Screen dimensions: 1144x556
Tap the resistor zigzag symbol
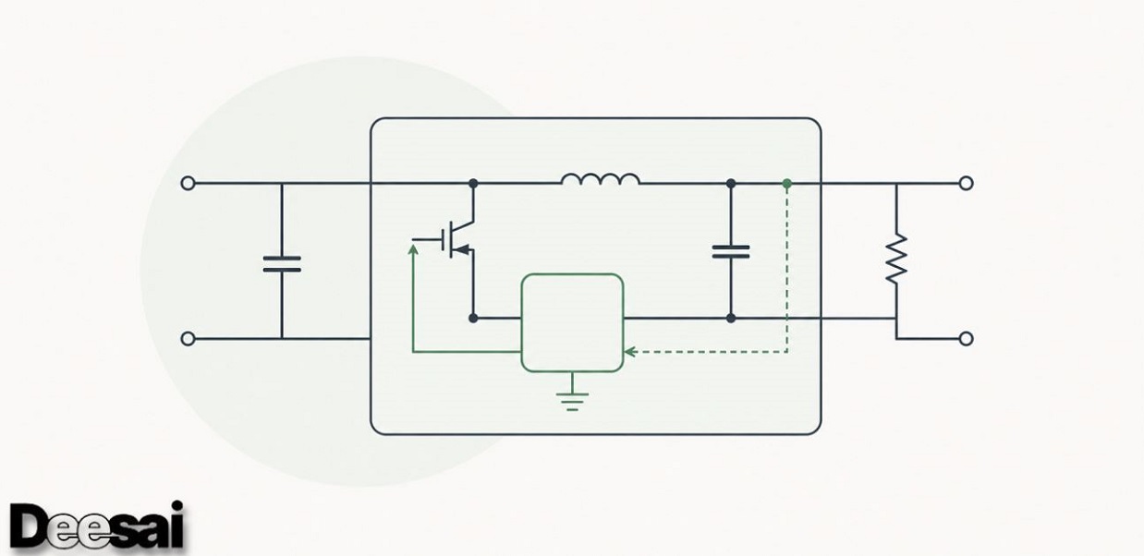coord(896,259)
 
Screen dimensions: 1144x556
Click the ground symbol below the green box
coord(572,402)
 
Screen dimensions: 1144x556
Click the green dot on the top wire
coord(787,183)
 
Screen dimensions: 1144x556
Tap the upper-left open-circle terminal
coord(188,183)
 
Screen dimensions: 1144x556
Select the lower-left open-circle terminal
coord(188,339)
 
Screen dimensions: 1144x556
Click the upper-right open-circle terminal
coord(966,183)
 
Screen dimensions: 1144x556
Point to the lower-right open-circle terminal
coord(966,339)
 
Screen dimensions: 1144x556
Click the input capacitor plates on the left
coord(282,264)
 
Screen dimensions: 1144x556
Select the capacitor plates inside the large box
coord(731,252)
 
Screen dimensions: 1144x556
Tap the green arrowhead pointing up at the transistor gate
coord(413,249)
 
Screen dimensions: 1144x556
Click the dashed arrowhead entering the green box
coord(629,352)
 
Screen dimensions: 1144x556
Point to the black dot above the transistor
coord(473,183)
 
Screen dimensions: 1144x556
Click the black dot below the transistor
coord(473,319)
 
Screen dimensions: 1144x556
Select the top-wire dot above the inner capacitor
coord(731,183)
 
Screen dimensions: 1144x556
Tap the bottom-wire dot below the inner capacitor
coord(731,319)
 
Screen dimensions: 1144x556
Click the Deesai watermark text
coord(96,526)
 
